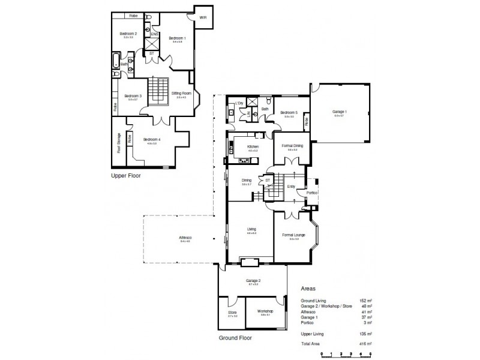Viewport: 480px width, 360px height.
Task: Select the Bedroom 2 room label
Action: coord(128,34)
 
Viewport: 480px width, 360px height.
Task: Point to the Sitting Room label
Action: coord(181,94)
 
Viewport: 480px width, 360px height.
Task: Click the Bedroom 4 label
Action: coord(152,140)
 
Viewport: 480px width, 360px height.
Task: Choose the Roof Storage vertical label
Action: coord(119,142)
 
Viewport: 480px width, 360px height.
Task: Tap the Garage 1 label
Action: coord(340,112)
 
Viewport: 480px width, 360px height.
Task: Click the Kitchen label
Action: coord(253,147)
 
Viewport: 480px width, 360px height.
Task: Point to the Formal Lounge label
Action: coord(293,235)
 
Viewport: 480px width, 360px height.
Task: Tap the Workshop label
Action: coord(265,311)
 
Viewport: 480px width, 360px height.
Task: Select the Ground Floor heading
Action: coord(236,338)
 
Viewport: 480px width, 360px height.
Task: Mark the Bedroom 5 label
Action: coord(289,112)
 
